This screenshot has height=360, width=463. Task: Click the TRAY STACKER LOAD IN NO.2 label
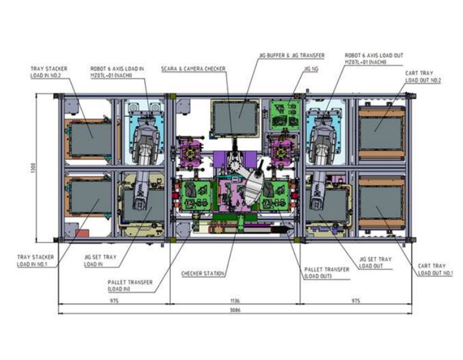tap(49, 72)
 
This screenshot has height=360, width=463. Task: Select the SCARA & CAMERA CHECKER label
tap(193, 69)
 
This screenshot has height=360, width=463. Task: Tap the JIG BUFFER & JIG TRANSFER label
tap(292, 56)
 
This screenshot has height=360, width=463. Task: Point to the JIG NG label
tap(311, 69)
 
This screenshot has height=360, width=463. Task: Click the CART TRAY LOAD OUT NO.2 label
tap(423, 77)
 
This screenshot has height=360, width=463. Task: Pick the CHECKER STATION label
tap(203, 273)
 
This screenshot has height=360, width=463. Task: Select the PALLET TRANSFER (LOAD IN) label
tap(130, 286)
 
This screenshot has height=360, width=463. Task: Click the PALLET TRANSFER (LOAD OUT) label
tap(326, 273)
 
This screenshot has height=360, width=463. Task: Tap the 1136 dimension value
tap(235, 301)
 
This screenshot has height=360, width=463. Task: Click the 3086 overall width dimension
tap(235, 310)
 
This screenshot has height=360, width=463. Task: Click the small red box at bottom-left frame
tap(82, 233)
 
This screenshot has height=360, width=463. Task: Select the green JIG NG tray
tap(285, 115)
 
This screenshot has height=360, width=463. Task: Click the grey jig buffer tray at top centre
tap(235, 118)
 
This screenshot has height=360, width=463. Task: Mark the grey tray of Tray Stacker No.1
tap(91, 197)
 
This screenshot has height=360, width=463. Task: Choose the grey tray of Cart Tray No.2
tap(381, 133)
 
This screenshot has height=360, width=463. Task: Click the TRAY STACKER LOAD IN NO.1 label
tap(36, 261)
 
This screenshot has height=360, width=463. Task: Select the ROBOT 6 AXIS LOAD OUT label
tap(374, 59)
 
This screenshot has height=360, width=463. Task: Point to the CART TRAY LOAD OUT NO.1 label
tap(435, 270)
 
